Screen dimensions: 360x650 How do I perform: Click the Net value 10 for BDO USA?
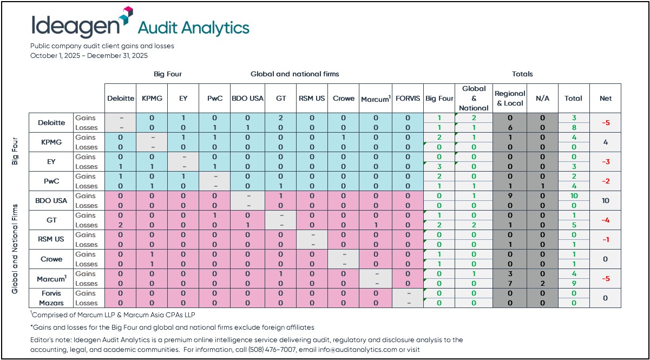click(606, 200)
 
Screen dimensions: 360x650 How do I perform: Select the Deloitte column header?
click(120, 99)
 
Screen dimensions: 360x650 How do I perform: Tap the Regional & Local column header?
click(510, 99)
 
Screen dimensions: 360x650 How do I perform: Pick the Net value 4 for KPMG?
click(606, 142)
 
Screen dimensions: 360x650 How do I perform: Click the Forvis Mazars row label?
click(51, 298)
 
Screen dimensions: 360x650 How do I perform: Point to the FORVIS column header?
click(408, 99)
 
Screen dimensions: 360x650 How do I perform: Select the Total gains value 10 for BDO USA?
click(573, 195)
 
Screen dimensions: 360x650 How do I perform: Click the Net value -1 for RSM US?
click(606, 239)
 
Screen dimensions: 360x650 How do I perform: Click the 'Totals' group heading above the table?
click(522, 74)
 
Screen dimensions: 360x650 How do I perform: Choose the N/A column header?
click(542, 99)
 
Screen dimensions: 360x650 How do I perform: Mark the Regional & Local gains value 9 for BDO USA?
click(510, 195)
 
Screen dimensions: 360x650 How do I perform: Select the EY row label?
click(51, 161)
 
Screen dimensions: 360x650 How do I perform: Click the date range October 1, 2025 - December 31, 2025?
click(89, 55)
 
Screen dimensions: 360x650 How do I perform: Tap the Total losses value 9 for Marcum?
click(573, 283)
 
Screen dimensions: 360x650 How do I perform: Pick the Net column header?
click(606, 99)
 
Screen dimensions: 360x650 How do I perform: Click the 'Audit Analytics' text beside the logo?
click(194, 28)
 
